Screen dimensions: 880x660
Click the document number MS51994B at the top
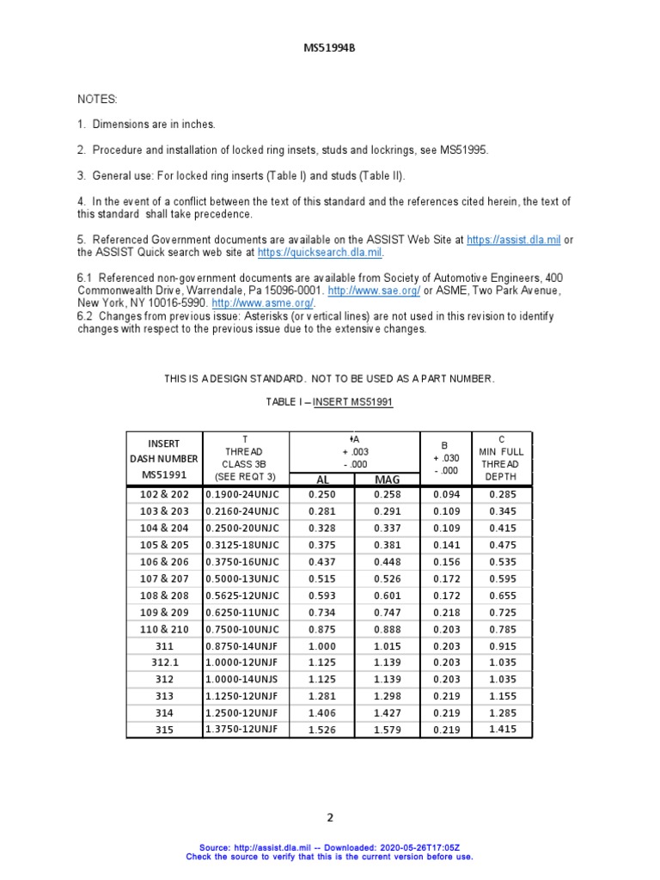tap(329, 48)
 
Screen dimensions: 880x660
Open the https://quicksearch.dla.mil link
tap(320, 254)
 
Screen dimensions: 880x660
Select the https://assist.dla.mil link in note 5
tap(513, 241)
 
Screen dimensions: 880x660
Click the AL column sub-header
tap(322, 479)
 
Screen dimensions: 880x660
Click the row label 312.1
tap(164, 662)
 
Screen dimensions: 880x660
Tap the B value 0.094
tap(445, 495)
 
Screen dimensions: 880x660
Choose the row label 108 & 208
tap(164, 595)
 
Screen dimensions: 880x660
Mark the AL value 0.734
tap(322, 612)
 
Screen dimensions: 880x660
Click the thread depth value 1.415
tap(503, 730)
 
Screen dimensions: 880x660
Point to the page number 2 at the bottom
tap(329, 817)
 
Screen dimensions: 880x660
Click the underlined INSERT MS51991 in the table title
tap(354, 402)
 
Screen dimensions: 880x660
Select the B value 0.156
tap(445, 562)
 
